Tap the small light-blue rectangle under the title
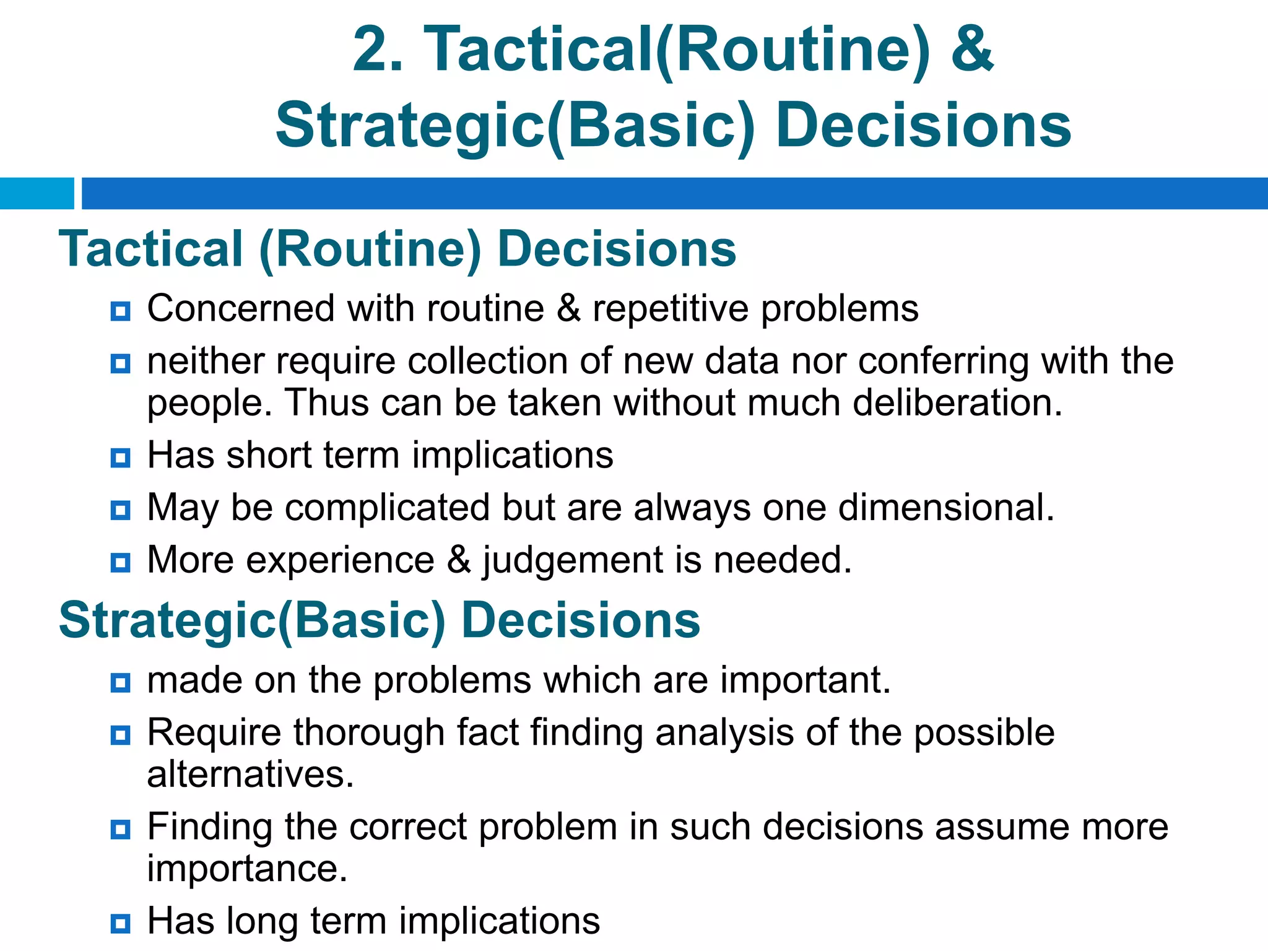(37, 193)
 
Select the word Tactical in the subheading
(150, 249)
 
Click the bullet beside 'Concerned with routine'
(120, 311)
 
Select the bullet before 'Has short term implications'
(120, 458)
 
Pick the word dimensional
(945, 508)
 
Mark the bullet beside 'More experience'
(120, 563)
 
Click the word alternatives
(250, 775)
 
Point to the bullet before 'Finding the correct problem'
(120, 829)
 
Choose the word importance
(247, 869)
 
